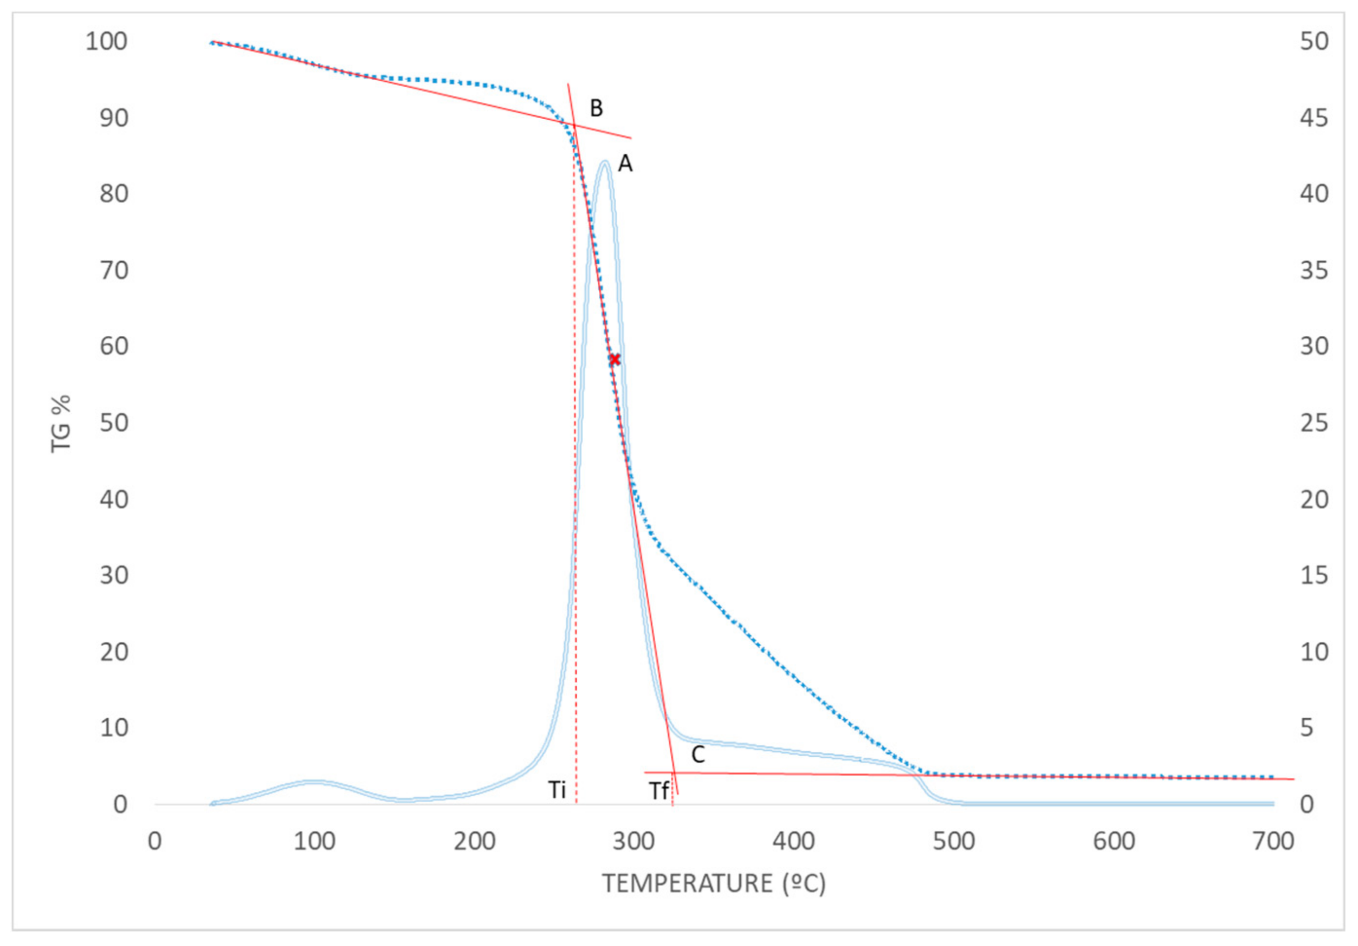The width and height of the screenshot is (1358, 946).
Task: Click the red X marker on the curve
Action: pyautogui.click(x=615, y=359)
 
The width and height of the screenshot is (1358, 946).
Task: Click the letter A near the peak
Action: pyautogui.click(x=625, y=164)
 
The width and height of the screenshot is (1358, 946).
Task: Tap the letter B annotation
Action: pyautogui.click(x=596, y=108)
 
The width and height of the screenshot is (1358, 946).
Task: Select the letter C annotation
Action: pyautogui.click(x=698, y=755)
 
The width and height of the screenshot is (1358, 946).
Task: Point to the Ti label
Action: pyautogui.click(x=556, y=790)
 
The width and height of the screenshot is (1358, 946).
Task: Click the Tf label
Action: pyautogui.click(x=659, y=791)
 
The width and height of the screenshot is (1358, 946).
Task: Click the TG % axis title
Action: pyautogui.click(x=61, y=423)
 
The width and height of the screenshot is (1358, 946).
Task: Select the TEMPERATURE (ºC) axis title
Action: pyautogui.click(x=714, y=883)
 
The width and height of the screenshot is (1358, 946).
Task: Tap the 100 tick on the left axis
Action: pyautogui.click(x=107, y=41)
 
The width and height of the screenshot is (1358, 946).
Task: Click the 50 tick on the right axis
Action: pyautogui.click(x=1314, y=41)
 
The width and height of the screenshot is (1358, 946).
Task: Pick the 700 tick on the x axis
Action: pyautogui.click(x=1273, y=841)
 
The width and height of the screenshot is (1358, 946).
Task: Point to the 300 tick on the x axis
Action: pyautogui.click(x=633, y=841)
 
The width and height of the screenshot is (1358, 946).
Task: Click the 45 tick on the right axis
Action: pyautogui.click(x=1314, y=118)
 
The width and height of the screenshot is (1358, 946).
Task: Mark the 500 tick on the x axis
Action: pyautogui.click(x=953, y=841)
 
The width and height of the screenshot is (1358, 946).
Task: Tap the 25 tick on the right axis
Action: pyautogui.click(x=1314, y=423)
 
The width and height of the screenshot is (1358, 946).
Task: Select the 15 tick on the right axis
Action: pyautogui.click(x=1314, y=575)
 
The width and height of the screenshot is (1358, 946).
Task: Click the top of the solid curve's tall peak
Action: pyautogui.click(x=605, y=162)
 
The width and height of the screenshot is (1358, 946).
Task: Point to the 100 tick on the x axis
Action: pyautogui.click(x=314, y=841)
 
